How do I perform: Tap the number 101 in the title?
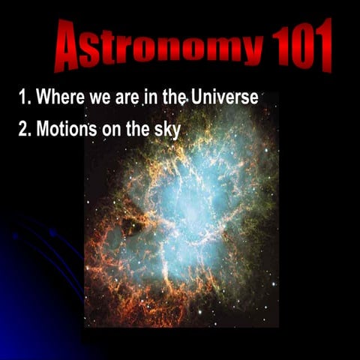tap(300, 46)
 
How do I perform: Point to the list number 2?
tap(23, 128)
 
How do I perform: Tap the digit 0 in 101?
tap(300, 46)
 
